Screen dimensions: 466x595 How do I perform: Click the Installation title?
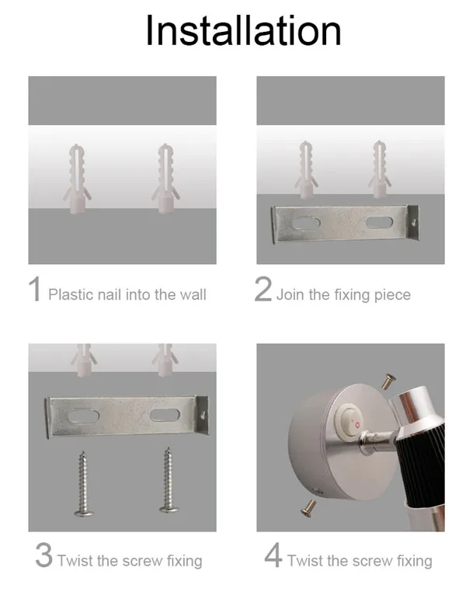243,30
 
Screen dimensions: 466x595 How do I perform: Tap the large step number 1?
34,289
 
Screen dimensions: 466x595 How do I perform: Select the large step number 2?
263,289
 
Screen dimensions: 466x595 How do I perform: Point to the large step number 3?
43,555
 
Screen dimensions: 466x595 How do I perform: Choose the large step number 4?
273,555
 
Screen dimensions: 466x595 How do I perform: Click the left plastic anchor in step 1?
77,179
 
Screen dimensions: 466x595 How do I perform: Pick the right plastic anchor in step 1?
165,179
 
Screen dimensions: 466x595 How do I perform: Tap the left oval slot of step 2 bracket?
306,223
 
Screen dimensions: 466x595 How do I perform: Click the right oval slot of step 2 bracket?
379,222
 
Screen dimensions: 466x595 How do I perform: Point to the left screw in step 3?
83,483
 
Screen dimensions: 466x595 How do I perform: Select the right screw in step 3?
168,480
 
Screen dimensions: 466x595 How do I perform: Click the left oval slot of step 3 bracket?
83,416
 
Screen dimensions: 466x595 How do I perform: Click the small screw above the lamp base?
388,381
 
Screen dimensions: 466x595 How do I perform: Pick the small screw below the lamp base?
308,508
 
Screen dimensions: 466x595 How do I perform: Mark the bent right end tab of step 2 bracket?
413,223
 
